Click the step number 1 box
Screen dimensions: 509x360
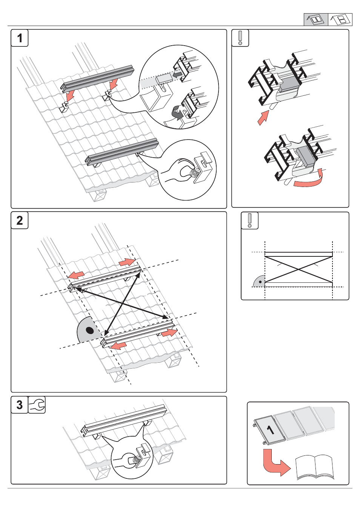pos(20,38)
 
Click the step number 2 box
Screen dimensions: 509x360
pos(20,220)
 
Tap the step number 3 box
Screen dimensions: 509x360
pos(20,405)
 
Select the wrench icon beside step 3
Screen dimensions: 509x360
pos(37,405)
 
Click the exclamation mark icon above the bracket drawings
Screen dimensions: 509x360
pos(240,38)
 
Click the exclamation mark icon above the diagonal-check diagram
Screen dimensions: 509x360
pos(249,221)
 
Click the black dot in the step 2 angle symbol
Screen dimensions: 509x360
pos(89,331)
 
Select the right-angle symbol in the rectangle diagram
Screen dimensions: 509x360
pos(259,281)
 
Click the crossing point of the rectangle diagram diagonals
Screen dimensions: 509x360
pos(298,270)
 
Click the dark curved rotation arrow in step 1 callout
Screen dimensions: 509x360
pos(177,113)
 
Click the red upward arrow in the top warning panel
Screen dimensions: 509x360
pos(263,117)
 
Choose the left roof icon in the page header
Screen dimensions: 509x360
pos(315,19)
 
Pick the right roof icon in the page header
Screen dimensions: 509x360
pos(340,19)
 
